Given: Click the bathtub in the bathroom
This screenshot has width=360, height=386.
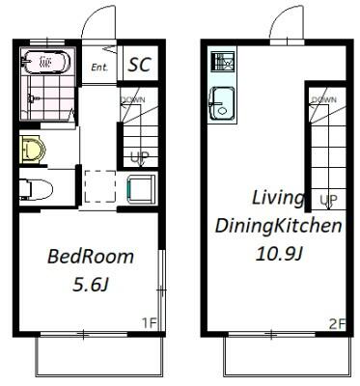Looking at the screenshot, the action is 45,61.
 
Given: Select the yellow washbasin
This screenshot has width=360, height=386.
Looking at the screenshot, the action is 33,150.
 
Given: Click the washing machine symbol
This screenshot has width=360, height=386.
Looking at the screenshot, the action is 142,189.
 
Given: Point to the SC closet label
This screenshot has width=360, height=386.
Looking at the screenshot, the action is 140,65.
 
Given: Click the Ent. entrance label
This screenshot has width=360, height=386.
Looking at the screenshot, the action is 99,68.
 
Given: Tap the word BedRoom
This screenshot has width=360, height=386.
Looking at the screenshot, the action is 91,257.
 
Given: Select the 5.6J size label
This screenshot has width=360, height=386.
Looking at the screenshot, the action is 91,285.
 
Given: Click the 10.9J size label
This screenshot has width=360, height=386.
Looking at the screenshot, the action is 279,255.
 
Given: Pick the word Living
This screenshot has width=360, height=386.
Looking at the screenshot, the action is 278,199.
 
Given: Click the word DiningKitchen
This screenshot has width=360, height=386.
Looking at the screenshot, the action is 278,226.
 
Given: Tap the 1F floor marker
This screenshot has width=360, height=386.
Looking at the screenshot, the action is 149,322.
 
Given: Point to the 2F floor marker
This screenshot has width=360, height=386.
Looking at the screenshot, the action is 337,324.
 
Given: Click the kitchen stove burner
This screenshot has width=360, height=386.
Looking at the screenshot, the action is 222,62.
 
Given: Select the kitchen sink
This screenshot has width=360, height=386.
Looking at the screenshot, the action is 222,104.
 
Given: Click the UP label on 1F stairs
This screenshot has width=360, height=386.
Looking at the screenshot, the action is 140,157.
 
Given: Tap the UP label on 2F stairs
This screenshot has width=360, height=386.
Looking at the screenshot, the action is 328,200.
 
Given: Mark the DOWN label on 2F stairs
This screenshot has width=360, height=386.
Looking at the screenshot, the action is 323,99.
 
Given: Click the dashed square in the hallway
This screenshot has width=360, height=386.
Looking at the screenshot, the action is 99,186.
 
